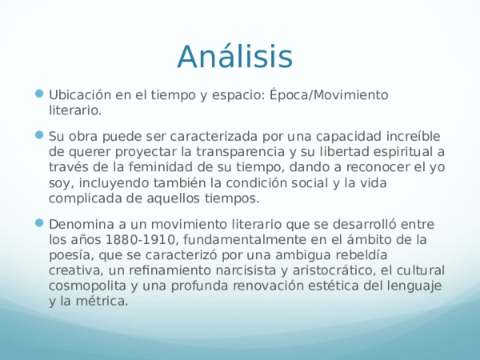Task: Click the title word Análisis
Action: coord(234,57)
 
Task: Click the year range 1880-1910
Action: coord(146,239)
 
